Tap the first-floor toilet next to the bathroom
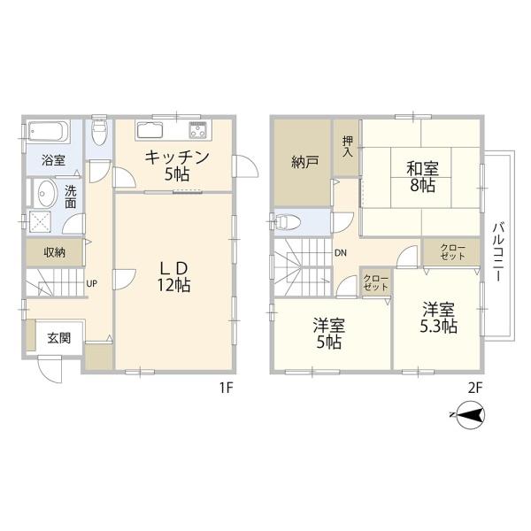pos(99,133)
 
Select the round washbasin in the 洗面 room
pos(45,194)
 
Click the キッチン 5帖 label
pos(176,165)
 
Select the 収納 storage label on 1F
pos(51,252)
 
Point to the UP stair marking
pos(91,284)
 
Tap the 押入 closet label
pos(347,147)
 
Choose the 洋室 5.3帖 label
pos(437,317)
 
